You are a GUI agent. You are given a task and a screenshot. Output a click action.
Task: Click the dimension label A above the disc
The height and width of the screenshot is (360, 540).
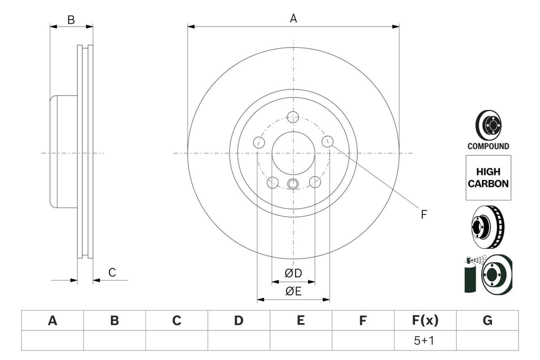pyautogui.click(x=293, y=18)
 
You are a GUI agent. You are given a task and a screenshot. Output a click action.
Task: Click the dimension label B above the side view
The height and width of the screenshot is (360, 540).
pyautogui.click(x=71, y=20)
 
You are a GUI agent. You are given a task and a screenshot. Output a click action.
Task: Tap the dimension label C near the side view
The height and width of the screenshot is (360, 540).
pyautogui.click(x=112, y=272)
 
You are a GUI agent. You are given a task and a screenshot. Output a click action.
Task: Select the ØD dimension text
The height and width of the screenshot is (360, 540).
pyautogui.click(x=293, y=273)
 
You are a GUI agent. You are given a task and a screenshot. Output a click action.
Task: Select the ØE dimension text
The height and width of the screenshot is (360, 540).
pyautogui.click(x=293, y=291)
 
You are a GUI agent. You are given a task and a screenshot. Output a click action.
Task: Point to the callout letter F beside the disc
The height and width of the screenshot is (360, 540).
pyautogui.click(x=423, y=214)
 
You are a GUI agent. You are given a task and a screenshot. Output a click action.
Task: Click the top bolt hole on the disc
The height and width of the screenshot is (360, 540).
pyautogui.click(x=293, y=117)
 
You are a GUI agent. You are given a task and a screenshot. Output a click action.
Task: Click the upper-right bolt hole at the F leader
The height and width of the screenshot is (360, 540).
pyautogui.click(x=327, y=141)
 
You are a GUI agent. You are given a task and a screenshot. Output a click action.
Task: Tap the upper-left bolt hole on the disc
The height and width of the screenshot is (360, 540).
pyautogui.click(x=259, y=142)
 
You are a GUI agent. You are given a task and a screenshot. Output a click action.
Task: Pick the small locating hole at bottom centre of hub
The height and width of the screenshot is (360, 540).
pyautogui.click(x=293, y=183)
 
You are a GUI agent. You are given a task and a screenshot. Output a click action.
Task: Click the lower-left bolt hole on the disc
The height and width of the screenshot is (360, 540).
pyautogui.click(x=272, y=182)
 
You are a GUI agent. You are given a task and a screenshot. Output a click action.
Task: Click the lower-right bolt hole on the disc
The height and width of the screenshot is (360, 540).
pyautogui.click(x=314, y=182)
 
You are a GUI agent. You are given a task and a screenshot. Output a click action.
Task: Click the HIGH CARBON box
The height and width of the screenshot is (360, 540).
pyautogui.click(x=488, y=177)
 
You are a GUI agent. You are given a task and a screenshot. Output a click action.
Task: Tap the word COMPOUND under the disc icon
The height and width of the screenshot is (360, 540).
pyautogui.click(x=488, y=146)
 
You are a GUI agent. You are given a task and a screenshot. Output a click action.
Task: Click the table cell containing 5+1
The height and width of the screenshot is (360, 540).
pyautogui.click(x=425, y=340)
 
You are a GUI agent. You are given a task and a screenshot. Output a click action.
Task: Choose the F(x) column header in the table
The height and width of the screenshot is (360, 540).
pyautogui.click(x=425, y=320)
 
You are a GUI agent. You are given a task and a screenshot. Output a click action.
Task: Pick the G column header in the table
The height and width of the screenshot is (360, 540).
pyautogui.click(x=487, y=320)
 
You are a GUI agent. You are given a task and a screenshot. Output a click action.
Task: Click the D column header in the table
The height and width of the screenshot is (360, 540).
pyautogui.click(x=238, y=320)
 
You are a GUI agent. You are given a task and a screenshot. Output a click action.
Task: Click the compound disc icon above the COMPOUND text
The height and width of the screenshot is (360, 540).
pyautogui.click(x=488, y=125)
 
